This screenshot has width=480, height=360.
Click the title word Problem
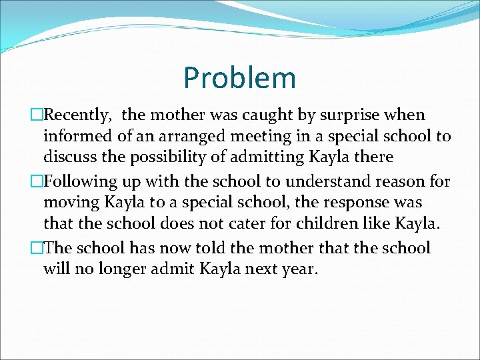click(x=239, y=78)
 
